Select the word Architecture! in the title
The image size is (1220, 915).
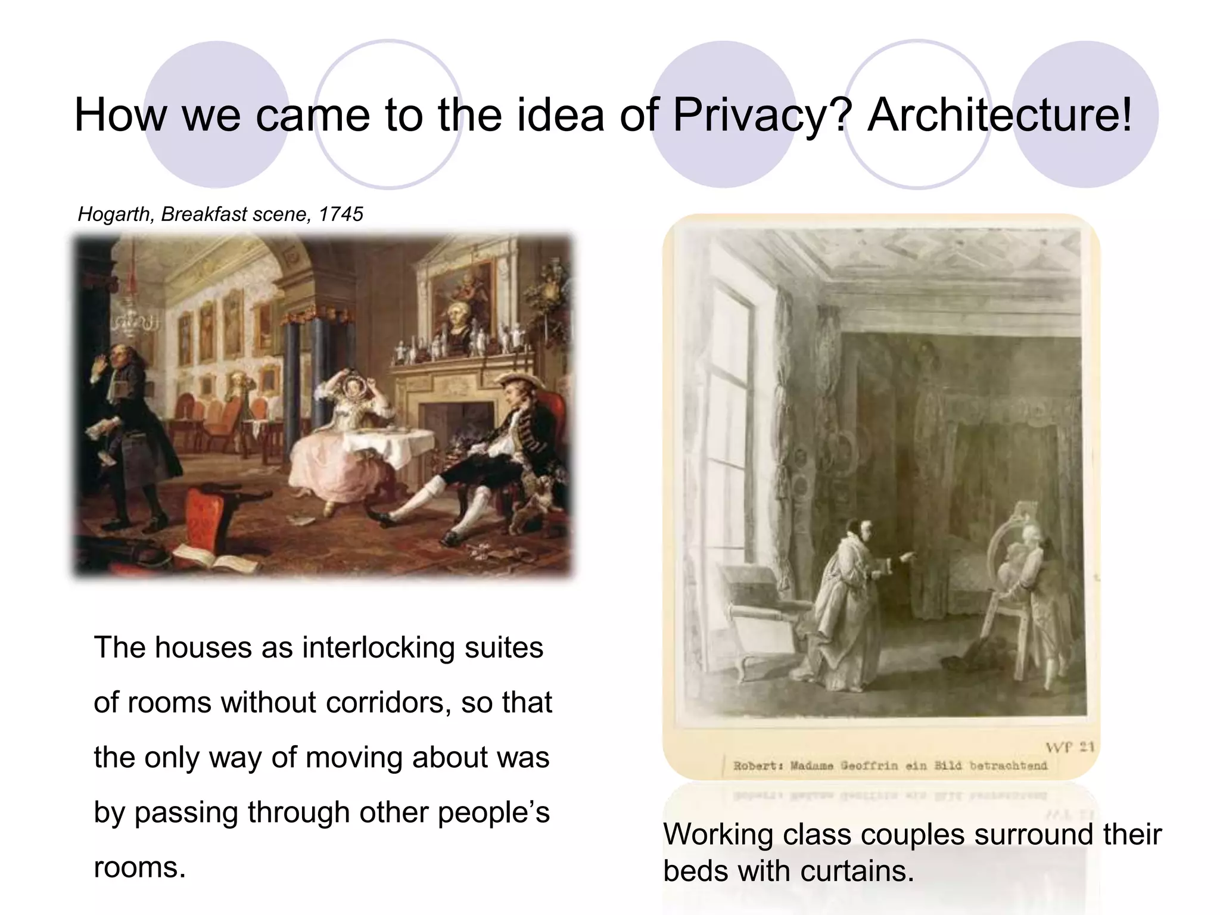pos(999,115)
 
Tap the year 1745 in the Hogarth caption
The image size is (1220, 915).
pos(341,214)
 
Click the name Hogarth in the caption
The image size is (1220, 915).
pos(114,214)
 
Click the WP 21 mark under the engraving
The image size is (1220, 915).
pos(1069,747)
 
